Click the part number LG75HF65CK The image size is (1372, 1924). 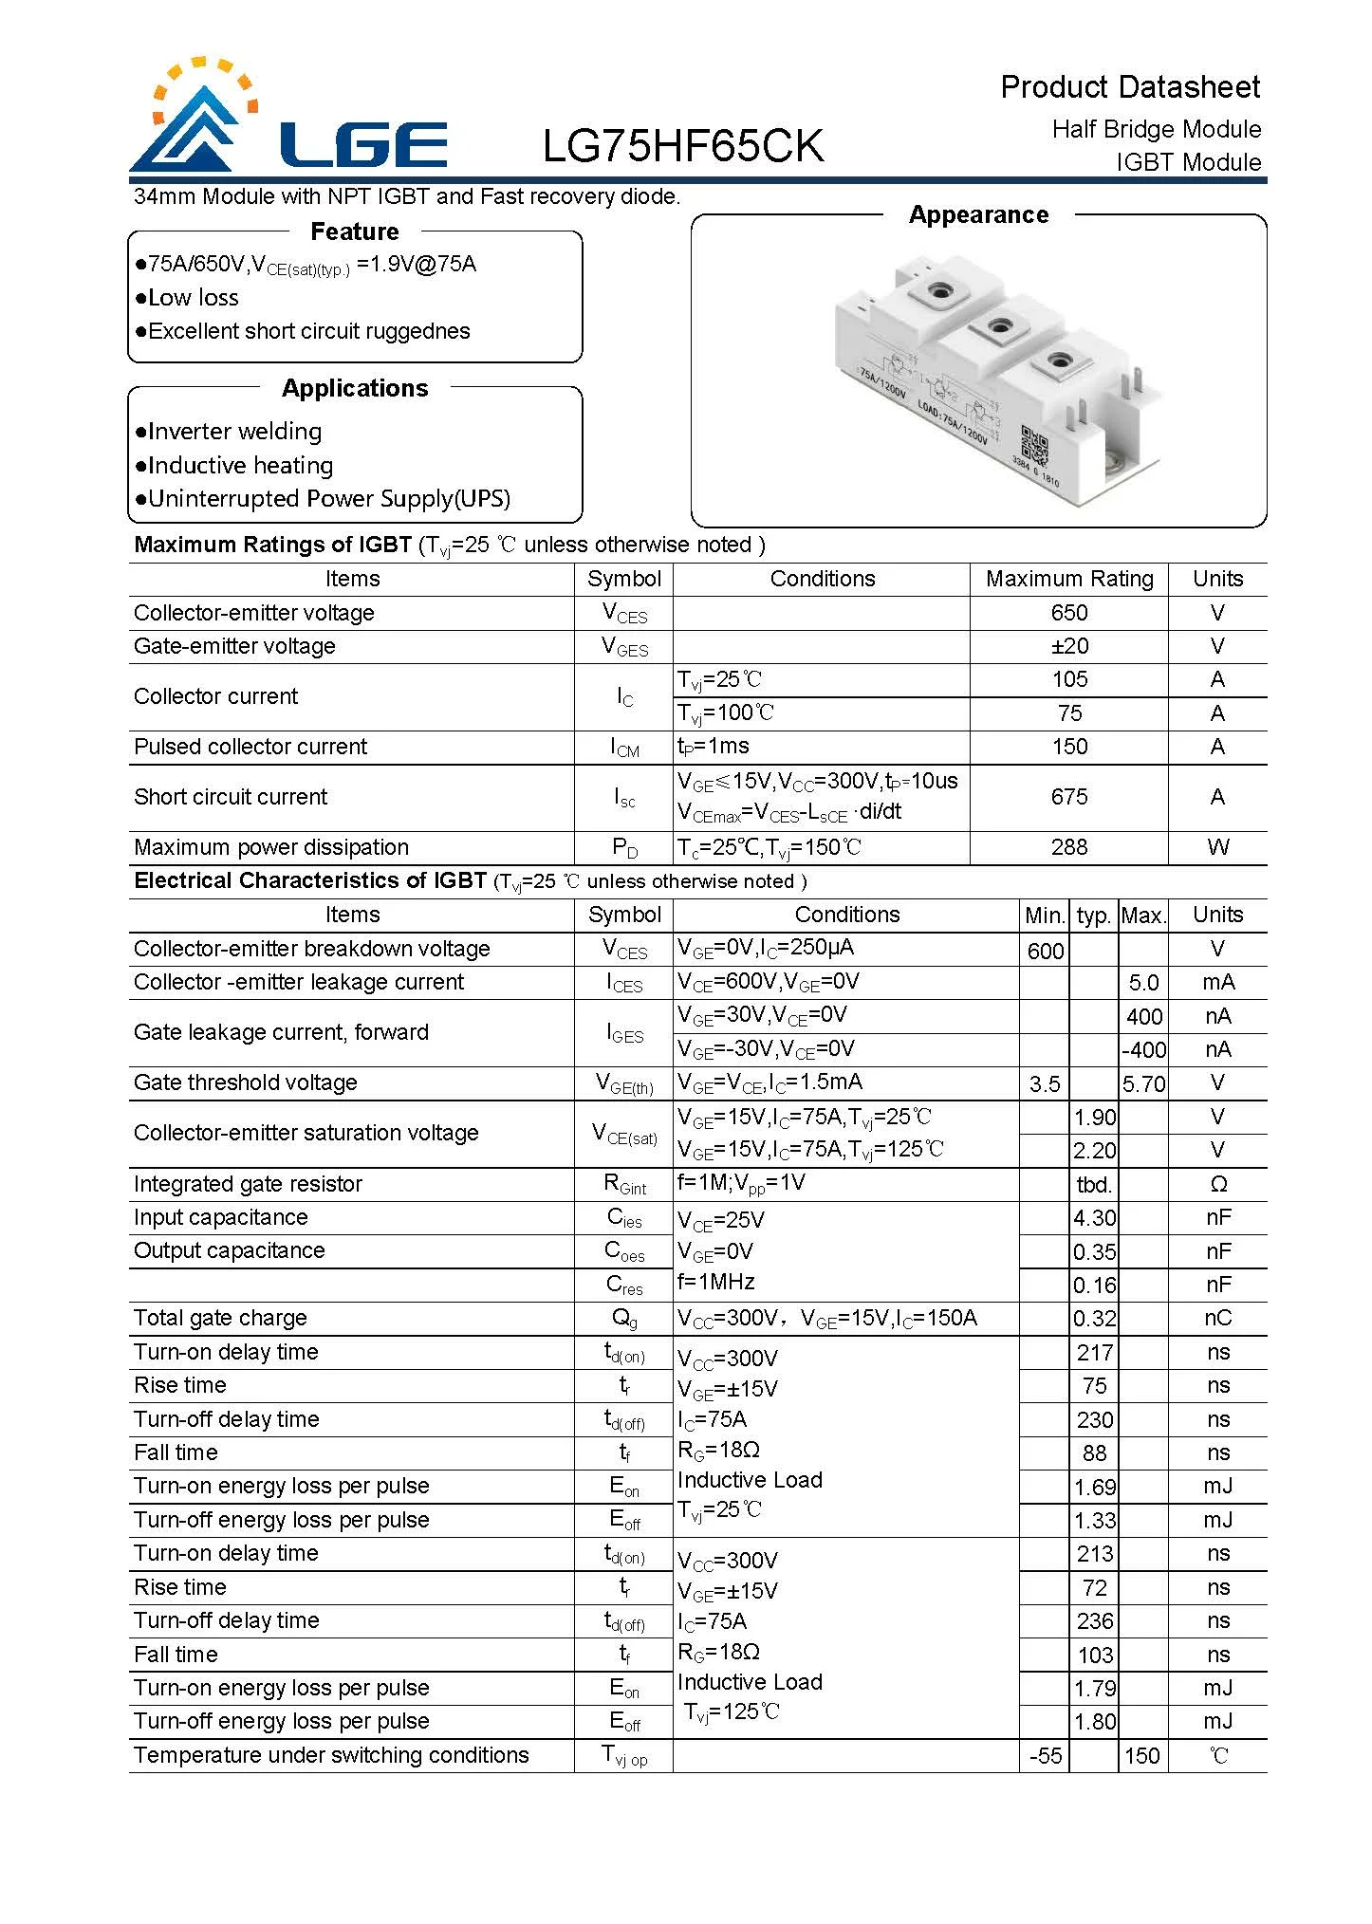[683, 145]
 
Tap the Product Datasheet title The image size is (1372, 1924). [1129, 87]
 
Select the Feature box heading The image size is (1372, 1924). [354, 231]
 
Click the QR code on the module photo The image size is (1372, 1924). [1033, 443]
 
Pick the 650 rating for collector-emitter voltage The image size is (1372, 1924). [1068, 613]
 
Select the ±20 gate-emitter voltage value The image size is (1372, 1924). [1069, 646]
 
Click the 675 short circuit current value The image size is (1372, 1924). [1068, 797]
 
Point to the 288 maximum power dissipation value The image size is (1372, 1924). [1068, 847]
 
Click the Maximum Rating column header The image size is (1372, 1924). [1068, 579]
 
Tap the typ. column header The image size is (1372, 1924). [1093, 916]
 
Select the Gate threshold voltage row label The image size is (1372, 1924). [245, 1082]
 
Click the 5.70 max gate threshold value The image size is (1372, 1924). [1142, 1084]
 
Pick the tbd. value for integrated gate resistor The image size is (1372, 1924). [1093, 1185]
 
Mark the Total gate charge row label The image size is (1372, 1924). [220, 1318]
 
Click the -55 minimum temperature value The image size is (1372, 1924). [1045, 1756]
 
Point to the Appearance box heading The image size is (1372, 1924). [978, 215]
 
